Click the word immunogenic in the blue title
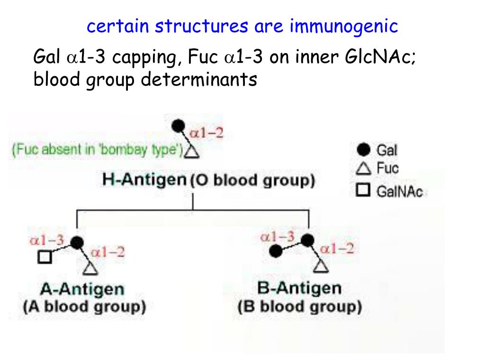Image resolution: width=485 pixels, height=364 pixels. click(x=344, y=27)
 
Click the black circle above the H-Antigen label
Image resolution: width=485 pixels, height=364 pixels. click(x=178, y=126)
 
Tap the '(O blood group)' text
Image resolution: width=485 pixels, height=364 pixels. click(x=252, y=181)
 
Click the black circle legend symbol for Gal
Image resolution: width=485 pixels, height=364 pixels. click(x=363, y=150)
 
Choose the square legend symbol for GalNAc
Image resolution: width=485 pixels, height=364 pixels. click(x=363, y=191)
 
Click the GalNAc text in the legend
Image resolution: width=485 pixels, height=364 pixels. click(x=399, y=191)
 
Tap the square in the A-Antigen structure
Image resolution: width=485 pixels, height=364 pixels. click(x=45, y=257)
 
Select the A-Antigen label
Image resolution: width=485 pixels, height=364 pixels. click(x=82, y=289)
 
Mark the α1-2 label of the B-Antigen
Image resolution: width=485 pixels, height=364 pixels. click(x=337, y=248)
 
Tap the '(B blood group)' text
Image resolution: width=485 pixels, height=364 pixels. click(x=299, y=307)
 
